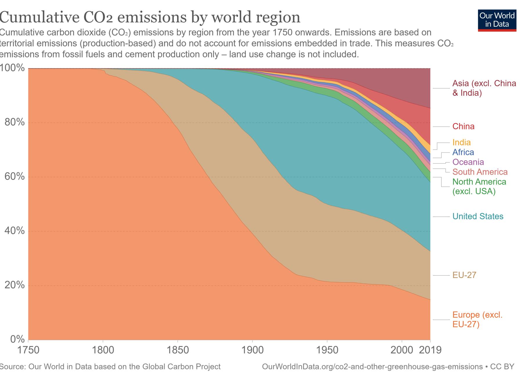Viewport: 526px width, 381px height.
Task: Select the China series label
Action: click(463, 127)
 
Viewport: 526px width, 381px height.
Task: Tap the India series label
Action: click(462, 142)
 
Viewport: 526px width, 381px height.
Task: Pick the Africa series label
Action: click(463, 152)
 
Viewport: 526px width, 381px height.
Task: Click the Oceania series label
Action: click(468, 162)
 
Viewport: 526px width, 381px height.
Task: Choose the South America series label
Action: click(480, 172)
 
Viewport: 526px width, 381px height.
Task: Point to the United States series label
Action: click(478, 216)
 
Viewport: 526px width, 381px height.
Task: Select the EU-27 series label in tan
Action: click(464, 275)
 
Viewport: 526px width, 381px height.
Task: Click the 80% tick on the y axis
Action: click(14, 122)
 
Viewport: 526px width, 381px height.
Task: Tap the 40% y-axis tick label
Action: click(14, 231)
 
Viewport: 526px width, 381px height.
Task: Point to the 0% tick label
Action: click(17, 339)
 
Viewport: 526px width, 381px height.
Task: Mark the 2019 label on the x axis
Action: click(430, 350)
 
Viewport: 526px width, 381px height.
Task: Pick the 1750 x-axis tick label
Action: click(28, 350)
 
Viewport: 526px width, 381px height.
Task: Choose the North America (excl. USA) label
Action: click(479, 187)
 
